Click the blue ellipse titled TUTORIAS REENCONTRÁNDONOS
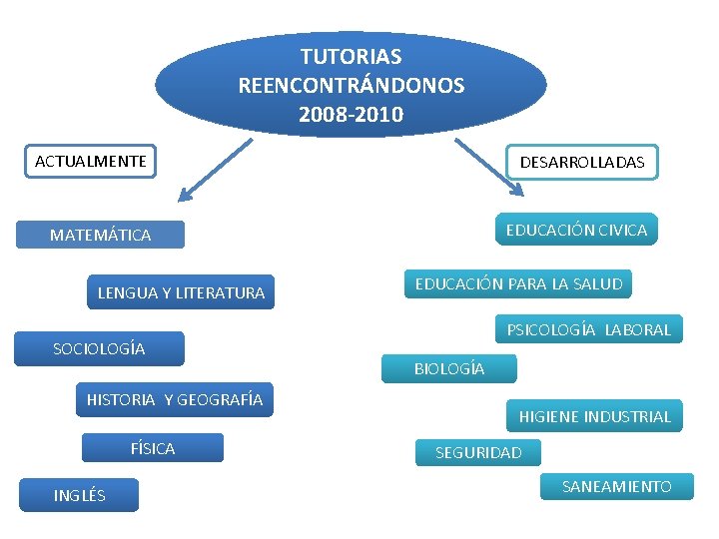[351, 85]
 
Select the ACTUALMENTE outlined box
[91, 161]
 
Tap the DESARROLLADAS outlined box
[581, 162]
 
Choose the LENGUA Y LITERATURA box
[181, 292]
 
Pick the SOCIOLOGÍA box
[99, 348]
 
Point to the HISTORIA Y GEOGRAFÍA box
[175, 400]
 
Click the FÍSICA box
[153, 449]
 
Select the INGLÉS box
[80, 495]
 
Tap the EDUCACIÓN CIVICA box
[576, 230]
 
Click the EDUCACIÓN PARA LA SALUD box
[518, 283]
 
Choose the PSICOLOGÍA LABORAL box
[589, 329]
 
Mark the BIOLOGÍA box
[449, 369]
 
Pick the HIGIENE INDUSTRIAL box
[594, 416]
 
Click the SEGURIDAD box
[478, 453]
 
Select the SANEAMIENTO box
[616, 487]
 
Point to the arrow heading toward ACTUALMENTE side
[214, 172]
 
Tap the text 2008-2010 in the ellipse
[351, 115]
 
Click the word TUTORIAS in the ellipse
[351, 57]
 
